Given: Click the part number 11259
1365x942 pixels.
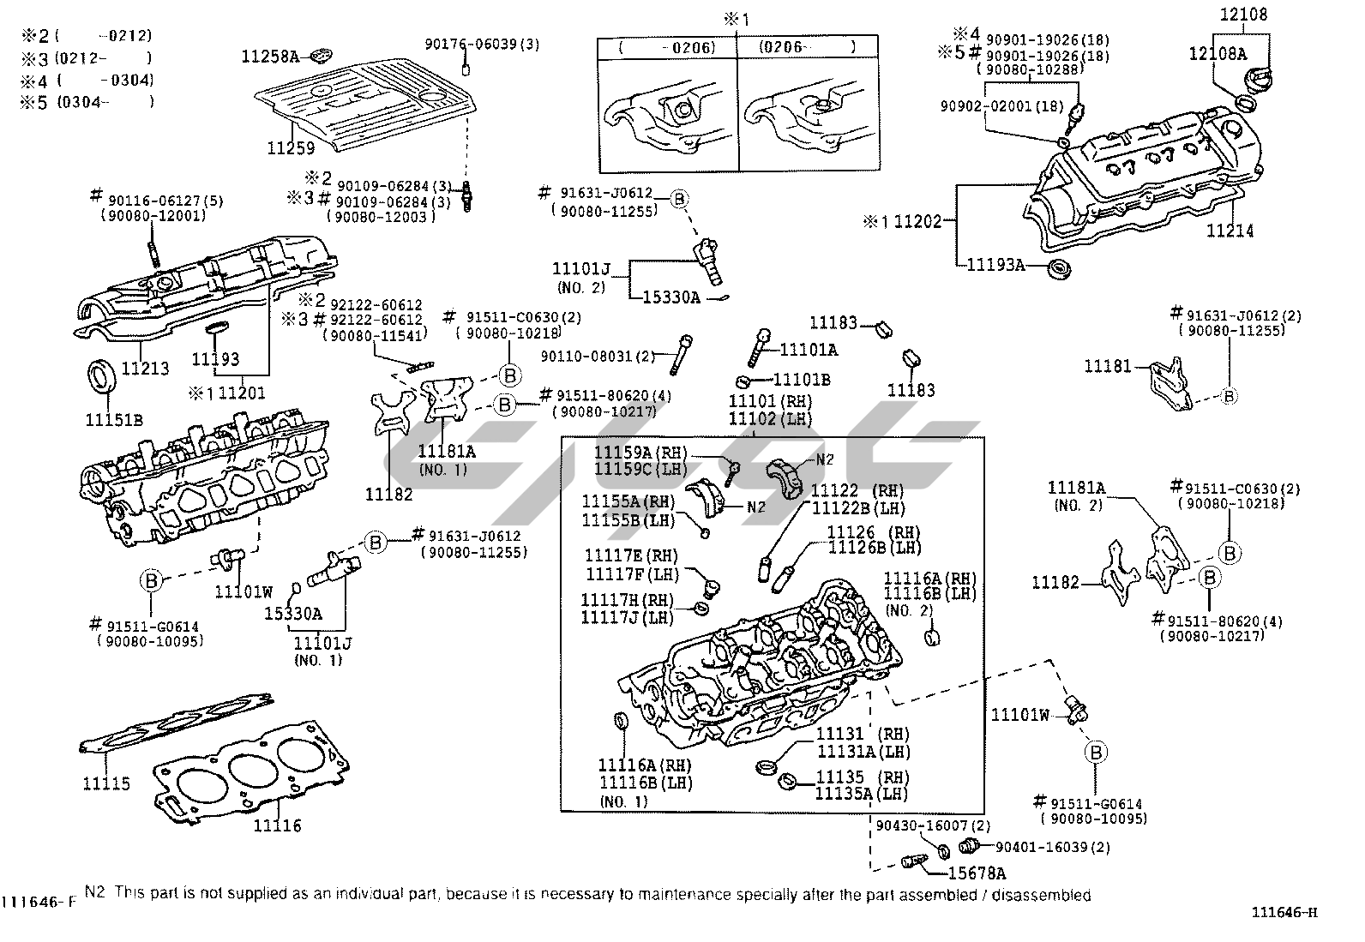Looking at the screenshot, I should point(291,147).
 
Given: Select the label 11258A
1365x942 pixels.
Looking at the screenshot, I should point(270,57).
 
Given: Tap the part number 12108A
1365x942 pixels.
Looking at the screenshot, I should point(1218,53).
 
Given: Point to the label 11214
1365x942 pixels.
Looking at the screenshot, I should point(1230,231).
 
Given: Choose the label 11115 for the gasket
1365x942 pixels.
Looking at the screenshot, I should point(106,783).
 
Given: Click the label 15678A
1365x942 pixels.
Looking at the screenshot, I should point(977,873).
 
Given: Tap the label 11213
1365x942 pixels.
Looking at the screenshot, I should point(145,369).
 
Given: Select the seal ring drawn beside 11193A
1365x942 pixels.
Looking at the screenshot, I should point(1061,267).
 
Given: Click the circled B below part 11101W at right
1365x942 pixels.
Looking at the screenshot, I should point(1097,753).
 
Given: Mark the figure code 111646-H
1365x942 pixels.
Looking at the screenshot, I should point(1294,912).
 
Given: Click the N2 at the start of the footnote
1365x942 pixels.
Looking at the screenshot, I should point(94,894).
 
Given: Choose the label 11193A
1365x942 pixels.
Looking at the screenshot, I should point(995,265).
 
